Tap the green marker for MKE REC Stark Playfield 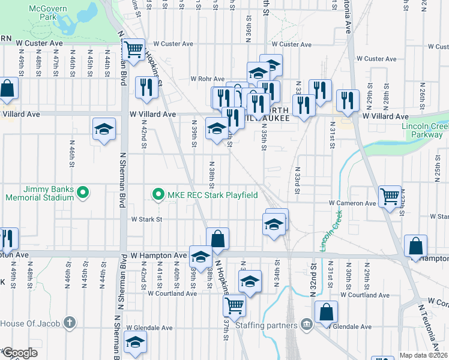[158, 194]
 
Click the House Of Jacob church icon [70, 323]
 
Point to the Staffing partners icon [307, 325]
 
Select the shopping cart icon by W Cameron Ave [390, 196]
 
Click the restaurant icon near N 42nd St [146, 88]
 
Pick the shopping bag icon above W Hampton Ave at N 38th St [217, 238]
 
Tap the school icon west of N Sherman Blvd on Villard [104, 128]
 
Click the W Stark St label [147, 220]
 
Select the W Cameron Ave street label [352, 203]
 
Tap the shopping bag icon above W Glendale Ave [326, 311]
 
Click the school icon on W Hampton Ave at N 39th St [200, 257]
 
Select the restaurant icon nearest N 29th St [348, 100]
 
